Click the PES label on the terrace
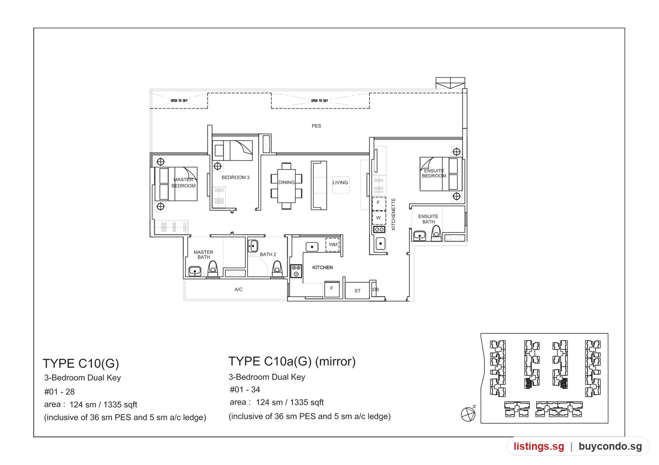click(x=316, y=126)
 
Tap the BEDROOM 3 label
click(x=235, y=177)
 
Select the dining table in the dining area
click(x=286, y=186)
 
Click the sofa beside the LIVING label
click(x=319, y=186)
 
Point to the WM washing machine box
click(x=333, y=244)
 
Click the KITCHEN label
click(x=322, y=267)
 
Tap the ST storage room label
click(x=358, y=291)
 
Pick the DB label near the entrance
click(x=375, y=290)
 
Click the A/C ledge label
click(x=238, y=290)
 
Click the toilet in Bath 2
click(x=277, y=269)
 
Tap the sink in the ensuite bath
click(x=420, y=235)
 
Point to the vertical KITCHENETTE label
click(x=393, y=214)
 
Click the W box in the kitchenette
click(x=379, y=218)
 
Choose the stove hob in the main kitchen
click(x=296, y=271)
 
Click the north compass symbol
click(x=468, y=414)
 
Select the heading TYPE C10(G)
click(x=81, y=364)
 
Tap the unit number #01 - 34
click(x=245, y=390)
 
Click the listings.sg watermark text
click(x=539, y=446)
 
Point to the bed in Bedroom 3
click(x=232, y=151)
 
